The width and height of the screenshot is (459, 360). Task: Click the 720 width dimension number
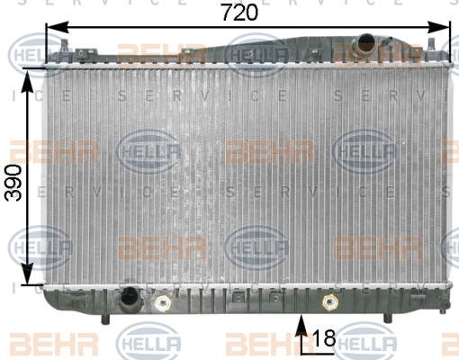pyautogui.click(x=240, y=13)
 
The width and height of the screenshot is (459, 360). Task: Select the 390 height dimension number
pyautogui.click(x=13, y=183)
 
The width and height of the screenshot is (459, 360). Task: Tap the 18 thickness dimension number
pyautogui.click(x=324, y=337)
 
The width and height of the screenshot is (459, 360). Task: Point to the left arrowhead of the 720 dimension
pyautogui.click(x=58, y=27)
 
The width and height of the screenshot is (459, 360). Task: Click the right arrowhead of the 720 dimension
pyautogui.click(x=438, y=27)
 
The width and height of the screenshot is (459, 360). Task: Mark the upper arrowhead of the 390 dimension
pyautogui.click(x=28, y=81)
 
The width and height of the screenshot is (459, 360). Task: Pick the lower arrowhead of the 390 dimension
pyautogui.click(x=28, y=273)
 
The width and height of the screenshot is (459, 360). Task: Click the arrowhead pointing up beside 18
pyautogui.click(x=301, y=325)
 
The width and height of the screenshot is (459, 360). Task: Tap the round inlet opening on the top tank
pyautogui.click(x=367, y=43)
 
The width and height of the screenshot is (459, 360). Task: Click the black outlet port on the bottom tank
pyautogui.click(x=129, y=298)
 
